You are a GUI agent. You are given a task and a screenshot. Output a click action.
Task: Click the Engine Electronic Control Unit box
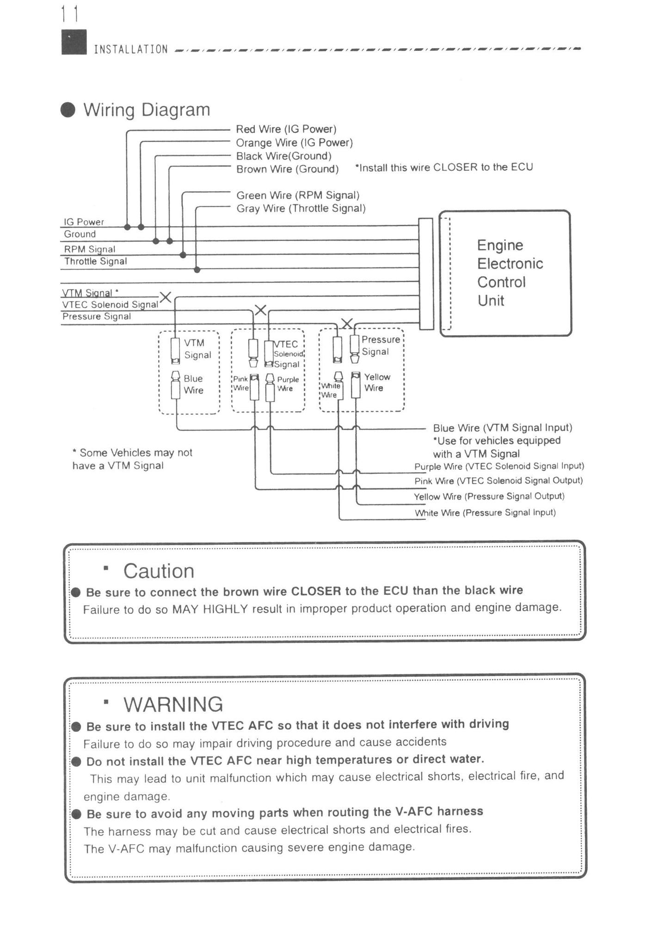pyautogui.click(x=505, y=273)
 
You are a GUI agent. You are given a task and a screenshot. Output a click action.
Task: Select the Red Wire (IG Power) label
pyautogui.click(x=286, y=129)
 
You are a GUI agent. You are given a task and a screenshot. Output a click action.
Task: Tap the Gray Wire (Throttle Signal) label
pyautogui.click(x=301, y=209)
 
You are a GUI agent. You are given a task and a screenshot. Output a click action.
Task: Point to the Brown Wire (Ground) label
pyautogui.click(x=287, y=169)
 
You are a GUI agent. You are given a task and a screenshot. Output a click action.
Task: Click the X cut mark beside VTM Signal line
pyautogui.click(x=165, y=297)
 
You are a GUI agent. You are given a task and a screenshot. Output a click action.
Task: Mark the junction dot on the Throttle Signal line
pyautogui.click(x=197, y=270)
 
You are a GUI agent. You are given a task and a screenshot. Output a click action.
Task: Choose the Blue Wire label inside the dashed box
pyautogui.click(x=193, y=384)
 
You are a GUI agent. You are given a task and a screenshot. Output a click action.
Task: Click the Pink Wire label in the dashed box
pyautogui.click(x=240, y=383)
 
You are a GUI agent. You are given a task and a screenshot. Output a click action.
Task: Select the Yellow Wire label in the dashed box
pyautogui.click(x=377, y=382)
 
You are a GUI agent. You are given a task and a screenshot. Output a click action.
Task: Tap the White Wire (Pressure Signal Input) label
pyautogui.click(x=485, y=512)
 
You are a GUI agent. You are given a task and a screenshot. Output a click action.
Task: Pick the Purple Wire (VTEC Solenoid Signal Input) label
pyautogui.click(x=499, y=466)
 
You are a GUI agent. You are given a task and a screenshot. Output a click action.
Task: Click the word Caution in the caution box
pyautogui.click(x=159, y=571)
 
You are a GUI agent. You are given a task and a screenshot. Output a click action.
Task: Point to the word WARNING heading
pyautogui.click(x=173, y=704)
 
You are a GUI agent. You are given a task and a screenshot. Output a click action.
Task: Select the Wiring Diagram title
pyautogui.click(x=147, y=110)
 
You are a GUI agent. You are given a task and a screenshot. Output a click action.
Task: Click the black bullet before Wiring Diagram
pyautogui.click(x=68, y=110)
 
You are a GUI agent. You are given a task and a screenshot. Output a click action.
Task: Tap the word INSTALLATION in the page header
pyautogui.click(x=130, y=49)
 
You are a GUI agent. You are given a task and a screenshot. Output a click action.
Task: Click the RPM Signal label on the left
pyautogui.click(x=89, y=249)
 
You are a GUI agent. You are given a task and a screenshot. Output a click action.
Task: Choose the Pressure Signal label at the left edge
pyautogui.click(x=97, y=316)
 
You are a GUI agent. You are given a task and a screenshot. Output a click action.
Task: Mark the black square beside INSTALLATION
pyautogui.click(x=74, y=42)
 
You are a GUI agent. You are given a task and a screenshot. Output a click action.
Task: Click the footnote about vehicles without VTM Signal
pyautogui.click(x=132, y=459)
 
